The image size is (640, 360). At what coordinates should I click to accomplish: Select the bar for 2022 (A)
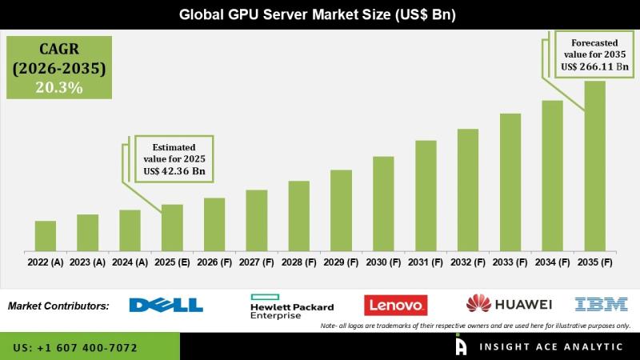coord(46,236)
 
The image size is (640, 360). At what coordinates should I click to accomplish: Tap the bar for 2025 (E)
coord(172,228)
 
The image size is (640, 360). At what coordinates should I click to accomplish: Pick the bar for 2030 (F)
coord(383,204)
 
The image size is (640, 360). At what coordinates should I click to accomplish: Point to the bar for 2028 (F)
coord(298,216)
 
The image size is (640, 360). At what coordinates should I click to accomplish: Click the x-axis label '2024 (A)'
coord(130,262)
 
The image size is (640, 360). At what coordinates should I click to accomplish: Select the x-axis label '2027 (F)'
coord(256,262)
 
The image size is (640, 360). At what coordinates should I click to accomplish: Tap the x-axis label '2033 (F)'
coord(510,262)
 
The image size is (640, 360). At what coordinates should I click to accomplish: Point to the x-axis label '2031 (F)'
coord(426,262)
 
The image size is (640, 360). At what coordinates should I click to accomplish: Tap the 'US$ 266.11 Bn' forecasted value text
coord(594,67)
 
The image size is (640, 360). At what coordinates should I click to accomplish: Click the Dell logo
coord(166,305)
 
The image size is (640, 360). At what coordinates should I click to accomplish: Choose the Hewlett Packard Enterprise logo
coord(292,306)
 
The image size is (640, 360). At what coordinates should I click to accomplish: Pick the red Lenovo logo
coord(395,305)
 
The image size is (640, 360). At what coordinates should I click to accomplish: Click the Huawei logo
coord(510,304)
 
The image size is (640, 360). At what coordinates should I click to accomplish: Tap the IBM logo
coord(596,304)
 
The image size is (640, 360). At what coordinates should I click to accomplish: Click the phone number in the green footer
coord(75,348)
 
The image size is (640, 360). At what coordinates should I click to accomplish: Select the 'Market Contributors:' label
coord(58,306)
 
